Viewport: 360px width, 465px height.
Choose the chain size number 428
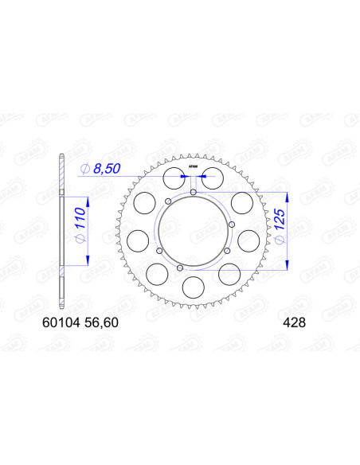pos(291,323)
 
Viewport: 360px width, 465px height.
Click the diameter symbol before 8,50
pos(84,169)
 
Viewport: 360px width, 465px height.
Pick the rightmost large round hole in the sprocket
pos(248,238)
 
